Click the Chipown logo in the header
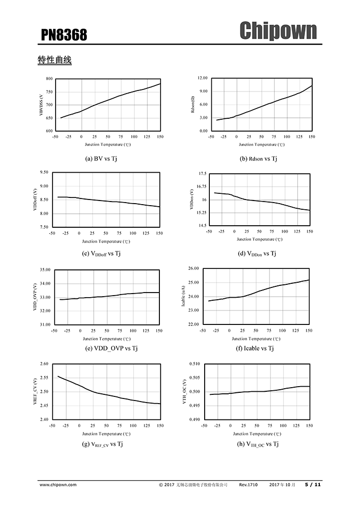[x=278, y=30]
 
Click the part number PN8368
[x=64, y=35]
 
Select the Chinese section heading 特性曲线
[x=54, y=60]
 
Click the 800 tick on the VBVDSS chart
[x=49, y=79]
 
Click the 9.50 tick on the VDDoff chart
[x=44, y=172]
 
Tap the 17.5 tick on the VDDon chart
[x=202, y=174]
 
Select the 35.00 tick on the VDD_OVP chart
[x=45, y=270]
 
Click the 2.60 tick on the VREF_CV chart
[x=44, y=364]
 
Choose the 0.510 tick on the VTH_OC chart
[x=194, y=364]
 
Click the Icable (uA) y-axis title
[x=184, y=297]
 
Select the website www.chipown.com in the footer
[x=58, y=484]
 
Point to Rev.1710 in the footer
[x=248, y=484]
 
